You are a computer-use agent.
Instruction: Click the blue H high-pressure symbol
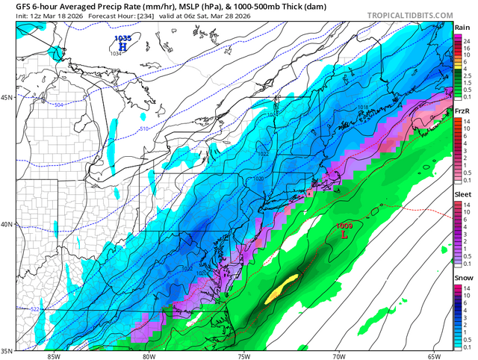(x=122, y=46)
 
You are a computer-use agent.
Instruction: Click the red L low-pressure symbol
(x=344, y=234)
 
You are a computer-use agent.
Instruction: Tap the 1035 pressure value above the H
(x=122, y=37)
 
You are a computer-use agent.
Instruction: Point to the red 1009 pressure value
(x=344, y=225)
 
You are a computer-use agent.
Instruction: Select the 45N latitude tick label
(x=7, y=98)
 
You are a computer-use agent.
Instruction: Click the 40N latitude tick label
(x=7, y=224)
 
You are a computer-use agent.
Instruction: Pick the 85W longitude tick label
(x=52, y=356)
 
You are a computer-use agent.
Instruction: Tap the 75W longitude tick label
(x=243, y=356)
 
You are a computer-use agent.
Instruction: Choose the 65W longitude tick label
(x=435, y=356)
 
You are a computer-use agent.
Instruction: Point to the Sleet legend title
(x=463, y=195)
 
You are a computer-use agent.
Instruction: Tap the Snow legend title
(x=463, y=279)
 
